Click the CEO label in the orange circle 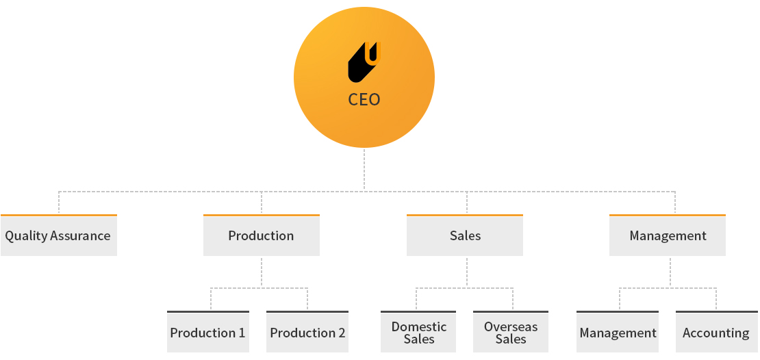point(364,99)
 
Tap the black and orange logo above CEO point(364,62)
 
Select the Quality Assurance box point(59,235)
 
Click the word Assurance point(81,236)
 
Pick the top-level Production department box point(262,235)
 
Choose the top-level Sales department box point(465,235)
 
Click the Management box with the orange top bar point(668,235)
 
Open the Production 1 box point(208,332)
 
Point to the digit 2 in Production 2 point(341,333)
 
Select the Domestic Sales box point(418,332)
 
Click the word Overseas point(511,326)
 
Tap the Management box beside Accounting point(618,332)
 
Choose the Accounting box point(716,332)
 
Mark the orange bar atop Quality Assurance point(59,215)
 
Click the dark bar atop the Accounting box point(716,311)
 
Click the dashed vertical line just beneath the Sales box point(467,272)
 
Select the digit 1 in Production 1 point(241,333)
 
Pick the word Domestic point(419,326)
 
